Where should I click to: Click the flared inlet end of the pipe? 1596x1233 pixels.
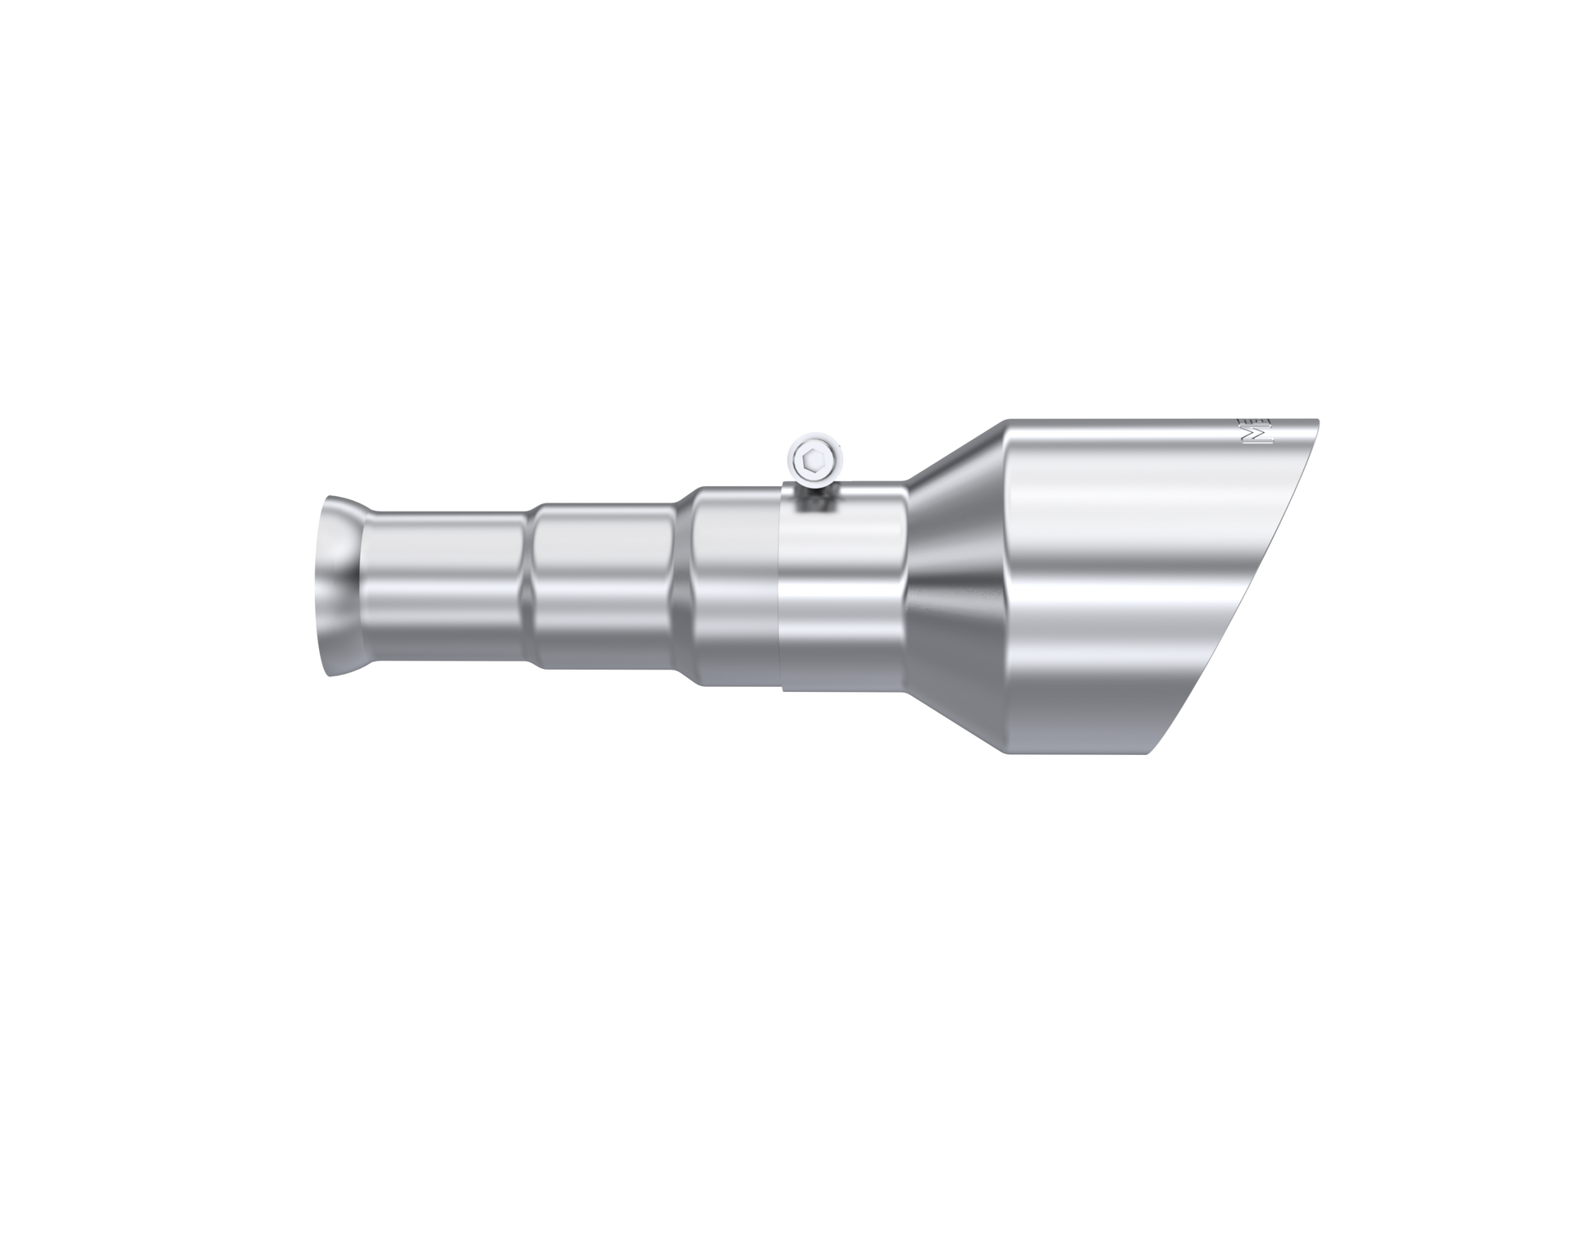coord(338,586)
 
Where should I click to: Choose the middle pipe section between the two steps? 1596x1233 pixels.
coord(603,586)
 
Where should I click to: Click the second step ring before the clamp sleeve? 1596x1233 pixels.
coord(686,586)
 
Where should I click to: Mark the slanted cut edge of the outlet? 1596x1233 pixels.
coord(1238,586)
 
